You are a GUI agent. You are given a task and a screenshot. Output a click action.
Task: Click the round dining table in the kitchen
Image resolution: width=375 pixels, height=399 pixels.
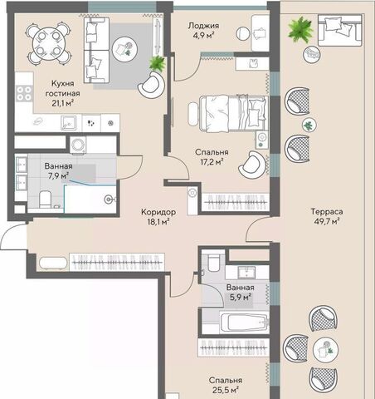tap(49, 43)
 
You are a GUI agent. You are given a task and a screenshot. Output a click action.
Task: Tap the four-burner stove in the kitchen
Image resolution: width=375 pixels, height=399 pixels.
tap(24, 93)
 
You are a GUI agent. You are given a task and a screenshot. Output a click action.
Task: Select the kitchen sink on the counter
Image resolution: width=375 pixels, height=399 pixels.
tap(68, 123)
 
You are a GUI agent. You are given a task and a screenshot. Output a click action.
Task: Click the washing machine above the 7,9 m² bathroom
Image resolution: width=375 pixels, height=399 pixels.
tap(78, 145)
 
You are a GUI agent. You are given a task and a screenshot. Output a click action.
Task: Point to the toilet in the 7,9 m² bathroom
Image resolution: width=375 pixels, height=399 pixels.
tap(45, 199)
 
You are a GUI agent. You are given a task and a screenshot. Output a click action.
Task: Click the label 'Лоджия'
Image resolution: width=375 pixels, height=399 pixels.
tap(203, 26)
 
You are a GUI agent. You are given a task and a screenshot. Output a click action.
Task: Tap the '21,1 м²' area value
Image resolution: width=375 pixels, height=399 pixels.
tap(62, 103)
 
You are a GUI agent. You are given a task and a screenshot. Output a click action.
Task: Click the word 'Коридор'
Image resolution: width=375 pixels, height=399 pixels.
tap(158, 212)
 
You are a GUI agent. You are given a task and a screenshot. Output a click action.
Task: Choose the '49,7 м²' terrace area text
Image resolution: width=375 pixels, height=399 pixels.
tap(327, 221)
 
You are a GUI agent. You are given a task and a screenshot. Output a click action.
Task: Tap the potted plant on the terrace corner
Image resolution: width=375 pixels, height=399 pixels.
tap(300, 30)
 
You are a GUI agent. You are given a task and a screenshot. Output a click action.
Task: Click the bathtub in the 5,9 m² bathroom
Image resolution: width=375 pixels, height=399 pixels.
tap(244, 323)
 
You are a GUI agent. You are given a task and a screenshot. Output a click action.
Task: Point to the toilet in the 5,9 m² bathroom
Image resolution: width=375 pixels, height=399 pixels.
tap(213, 263)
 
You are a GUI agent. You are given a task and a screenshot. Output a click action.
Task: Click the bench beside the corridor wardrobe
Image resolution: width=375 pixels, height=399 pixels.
tap(53, 264)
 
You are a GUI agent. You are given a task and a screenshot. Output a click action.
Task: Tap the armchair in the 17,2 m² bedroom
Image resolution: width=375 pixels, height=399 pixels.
tap(252, 165)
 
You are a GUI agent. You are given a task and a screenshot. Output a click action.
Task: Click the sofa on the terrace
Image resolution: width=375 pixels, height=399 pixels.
tap(339, 30)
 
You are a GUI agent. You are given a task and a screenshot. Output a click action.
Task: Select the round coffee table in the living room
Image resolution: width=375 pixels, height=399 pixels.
tap(124, 49)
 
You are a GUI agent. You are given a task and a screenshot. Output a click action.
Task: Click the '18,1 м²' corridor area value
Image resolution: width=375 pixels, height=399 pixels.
tap(158, 222)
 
